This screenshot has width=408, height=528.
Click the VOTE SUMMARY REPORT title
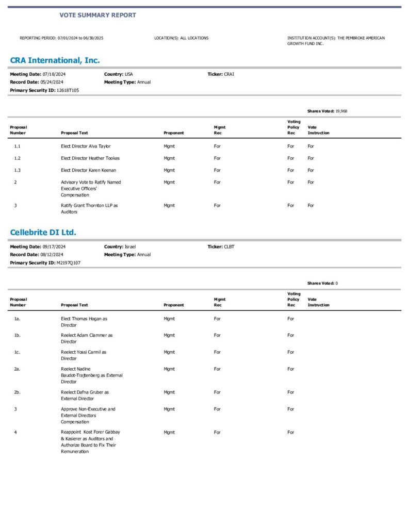pos(97,15)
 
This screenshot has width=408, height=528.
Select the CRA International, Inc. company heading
pos(55,60)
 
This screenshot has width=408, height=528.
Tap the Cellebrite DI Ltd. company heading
pos(43,233)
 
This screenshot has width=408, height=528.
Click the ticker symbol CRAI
pos(229,74)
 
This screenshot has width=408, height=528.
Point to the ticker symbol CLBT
pos(229,246)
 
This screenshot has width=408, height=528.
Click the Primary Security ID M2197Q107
pos(69,262)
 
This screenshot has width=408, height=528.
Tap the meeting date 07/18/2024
pos(54,74)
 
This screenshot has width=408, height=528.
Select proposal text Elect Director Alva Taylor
pos(86,146)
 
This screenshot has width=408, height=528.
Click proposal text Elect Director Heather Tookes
pos(90,158)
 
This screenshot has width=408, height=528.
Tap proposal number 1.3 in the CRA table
pos(17,170)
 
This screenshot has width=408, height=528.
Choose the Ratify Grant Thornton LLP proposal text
pos(89,208)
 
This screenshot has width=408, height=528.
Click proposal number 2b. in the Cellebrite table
pos(17,392)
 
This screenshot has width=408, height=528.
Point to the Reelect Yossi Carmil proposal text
pos(84,355)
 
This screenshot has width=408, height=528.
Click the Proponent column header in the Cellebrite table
pos(173,305)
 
